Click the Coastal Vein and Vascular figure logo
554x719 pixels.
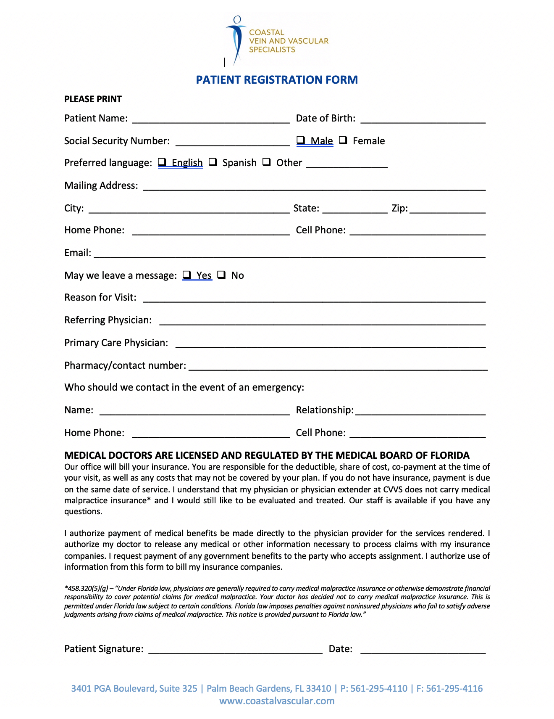[236, 40]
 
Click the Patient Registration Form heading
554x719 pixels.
[277, 80]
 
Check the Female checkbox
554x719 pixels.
[343, 140]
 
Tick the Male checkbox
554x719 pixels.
[301, 140]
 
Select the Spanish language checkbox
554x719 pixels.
[213, 162]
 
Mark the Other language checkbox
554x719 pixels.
[267, 162]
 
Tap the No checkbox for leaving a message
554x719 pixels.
[222, 275]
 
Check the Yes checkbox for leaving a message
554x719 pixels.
[187, 275]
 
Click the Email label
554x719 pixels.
[78, 253]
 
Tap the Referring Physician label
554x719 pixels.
[108, 320]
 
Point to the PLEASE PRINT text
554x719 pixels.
[93, 99]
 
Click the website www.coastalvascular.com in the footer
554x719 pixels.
[277, 701]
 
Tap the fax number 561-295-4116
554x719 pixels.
[454, 688]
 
